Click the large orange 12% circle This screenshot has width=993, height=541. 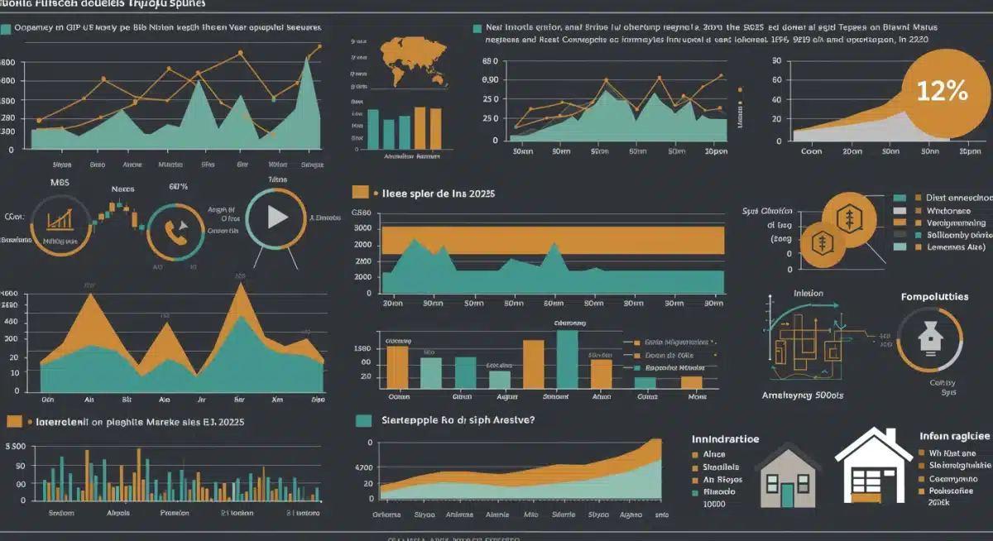943,91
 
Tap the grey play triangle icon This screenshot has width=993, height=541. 276,218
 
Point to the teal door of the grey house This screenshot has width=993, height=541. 787,495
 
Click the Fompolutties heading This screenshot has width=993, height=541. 934,296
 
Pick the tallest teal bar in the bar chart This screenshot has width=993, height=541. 567,358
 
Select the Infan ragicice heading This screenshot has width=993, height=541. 955,436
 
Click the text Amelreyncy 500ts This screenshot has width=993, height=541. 803,395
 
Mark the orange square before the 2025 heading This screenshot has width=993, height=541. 360,192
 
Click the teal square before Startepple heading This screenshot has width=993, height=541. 362,420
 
